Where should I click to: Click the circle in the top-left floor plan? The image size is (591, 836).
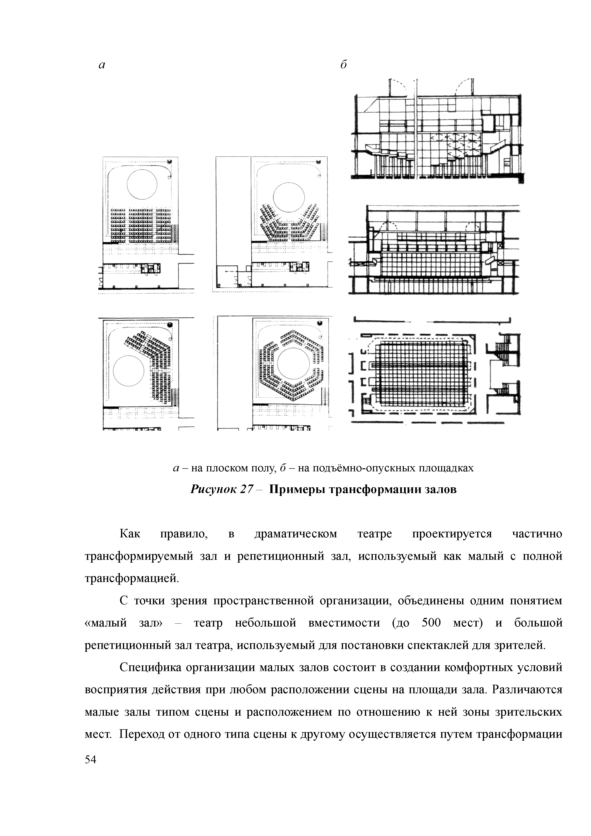142,185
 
